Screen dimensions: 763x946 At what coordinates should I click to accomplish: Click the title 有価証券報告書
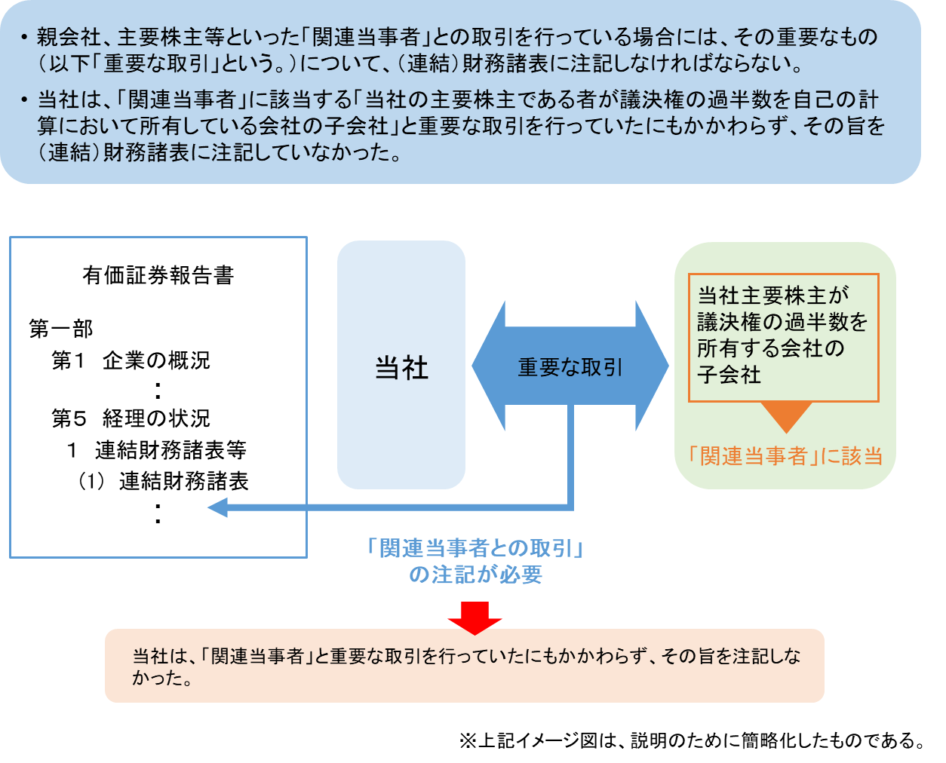pos(158,275)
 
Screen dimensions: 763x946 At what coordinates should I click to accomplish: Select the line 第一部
pos(61,329)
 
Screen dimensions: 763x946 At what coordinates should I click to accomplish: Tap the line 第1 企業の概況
pos(131,360)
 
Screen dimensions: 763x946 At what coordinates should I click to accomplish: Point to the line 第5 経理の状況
pos(131,418)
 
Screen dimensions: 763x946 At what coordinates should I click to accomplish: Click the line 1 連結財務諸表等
pos(157,450)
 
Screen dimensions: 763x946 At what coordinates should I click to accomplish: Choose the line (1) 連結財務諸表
pos(163,481)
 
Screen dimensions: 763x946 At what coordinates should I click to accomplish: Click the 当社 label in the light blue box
pos(401,368)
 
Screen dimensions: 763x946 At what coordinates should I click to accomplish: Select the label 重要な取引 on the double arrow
pos(570,367)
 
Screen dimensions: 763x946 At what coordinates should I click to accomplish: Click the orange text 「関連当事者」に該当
pos(785,455)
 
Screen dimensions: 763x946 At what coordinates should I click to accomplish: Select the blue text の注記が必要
pos(475,575)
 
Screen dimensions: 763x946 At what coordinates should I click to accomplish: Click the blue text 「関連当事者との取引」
pos(475,548)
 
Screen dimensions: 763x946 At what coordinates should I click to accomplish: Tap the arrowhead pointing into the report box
pos(218,507)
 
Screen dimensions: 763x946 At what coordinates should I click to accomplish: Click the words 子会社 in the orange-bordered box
pos(729,375)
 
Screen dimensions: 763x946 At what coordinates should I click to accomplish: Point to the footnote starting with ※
pos(692,740)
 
